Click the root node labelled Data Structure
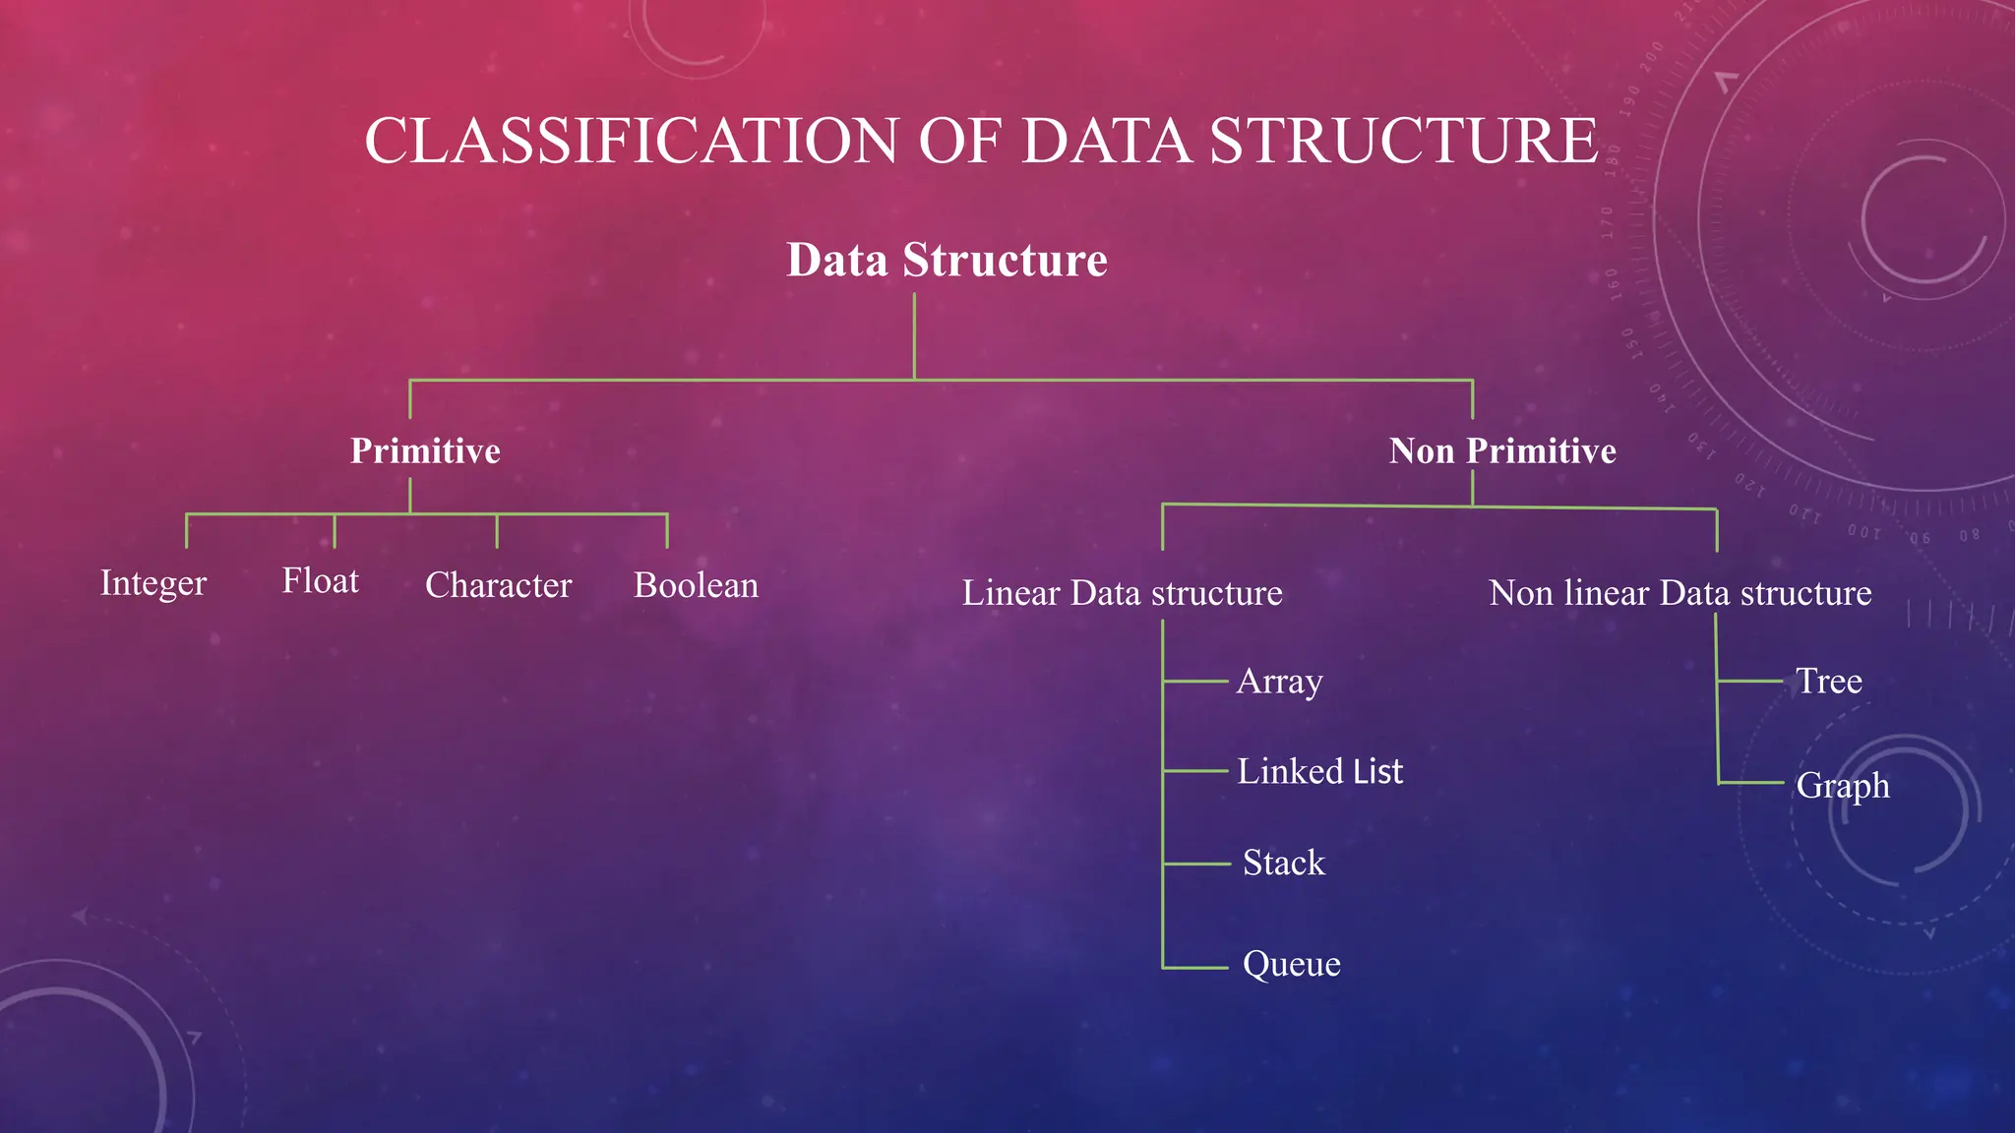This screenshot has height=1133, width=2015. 946,261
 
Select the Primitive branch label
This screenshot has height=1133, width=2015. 425,451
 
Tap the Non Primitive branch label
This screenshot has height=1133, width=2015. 1502,451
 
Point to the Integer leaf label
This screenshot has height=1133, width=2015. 153,583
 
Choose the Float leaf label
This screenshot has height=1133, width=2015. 320,581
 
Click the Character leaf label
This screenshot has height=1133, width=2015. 498,585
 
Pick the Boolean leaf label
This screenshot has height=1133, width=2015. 696,585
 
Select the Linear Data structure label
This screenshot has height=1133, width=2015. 1122,593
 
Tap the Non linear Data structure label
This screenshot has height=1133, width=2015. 1679,593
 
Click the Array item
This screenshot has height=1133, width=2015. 1279,681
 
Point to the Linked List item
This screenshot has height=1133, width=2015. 1319,771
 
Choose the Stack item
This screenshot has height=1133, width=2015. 1283,863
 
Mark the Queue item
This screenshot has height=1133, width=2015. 1291,964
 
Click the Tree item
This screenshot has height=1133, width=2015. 1828,681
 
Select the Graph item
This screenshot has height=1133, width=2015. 1842,785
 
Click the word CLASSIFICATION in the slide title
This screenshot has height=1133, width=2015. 632,141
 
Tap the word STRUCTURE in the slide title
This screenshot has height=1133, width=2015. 1403,141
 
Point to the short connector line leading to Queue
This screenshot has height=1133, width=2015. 1195,968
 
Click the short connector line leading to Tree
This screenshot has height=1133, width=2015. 1749,681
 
